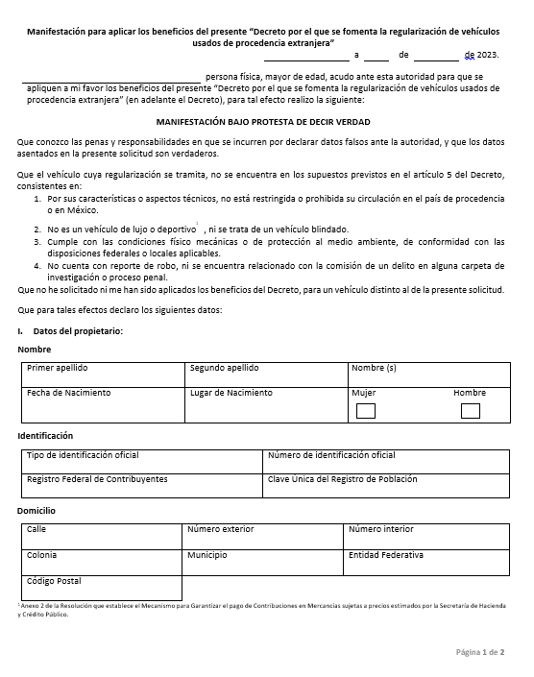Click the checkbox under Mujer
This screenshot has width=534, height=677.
365,411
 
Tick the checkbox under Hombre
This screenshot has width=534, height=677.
470,411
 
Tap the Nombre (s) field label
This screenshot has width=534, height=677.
374,368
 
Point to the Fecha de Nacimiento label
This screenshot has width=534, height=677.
68,393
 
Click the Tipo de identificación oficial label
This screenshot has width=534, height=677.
83,455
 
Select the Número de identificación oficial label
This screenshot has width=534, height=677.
330,455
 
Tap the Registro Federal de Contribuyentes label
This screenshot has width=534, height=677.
97,478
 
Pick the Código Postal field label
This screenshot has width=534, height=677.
54,581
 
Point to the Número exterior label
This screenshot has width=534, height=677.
220,529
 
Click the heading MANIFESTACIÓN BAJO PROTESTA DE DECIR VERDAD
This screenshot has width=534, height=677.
262,122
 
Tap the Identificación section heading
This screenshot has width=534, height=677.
45,436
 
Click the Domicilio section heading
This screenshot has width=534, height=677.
36,511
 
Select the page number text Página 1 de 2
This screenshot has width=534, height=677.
479,652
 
